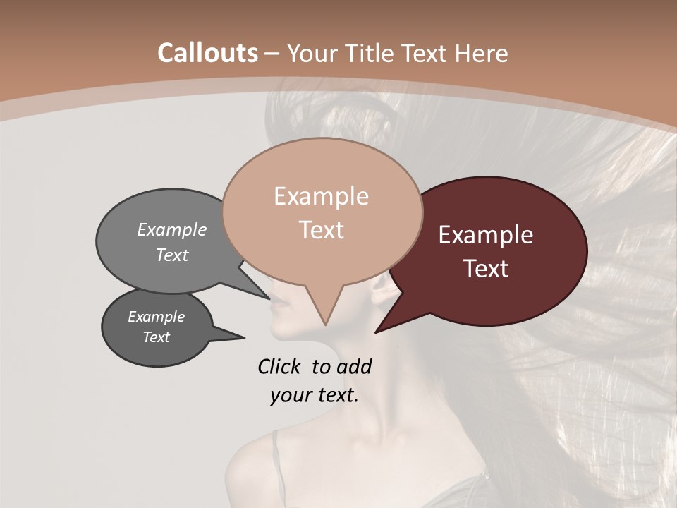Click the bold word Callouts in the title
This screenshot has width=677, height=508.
click(207, 53)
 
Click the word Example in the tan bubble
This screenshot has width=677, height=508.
click(321, 196)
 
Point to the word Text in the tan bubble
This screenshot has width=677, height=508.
click(322, 230)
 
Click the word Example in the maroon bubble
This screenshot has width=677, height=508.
click(486, 235)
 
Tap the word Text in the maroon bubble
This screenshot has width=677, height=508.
click(487, 269)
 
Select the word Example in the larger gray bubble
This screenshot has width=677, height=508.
click(172, 230)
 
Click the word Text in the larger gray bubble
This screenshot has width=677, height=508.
click(172, 255)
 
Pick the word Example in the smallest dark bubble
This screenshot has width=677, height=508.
click(156, 317)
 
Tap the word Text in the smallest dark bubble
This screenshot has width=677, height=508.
click(156, 337)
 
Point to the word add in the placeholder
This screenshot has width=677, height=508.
click(355, 366)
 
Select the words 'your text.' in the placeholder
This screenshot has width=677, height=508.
click(314, 396)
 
